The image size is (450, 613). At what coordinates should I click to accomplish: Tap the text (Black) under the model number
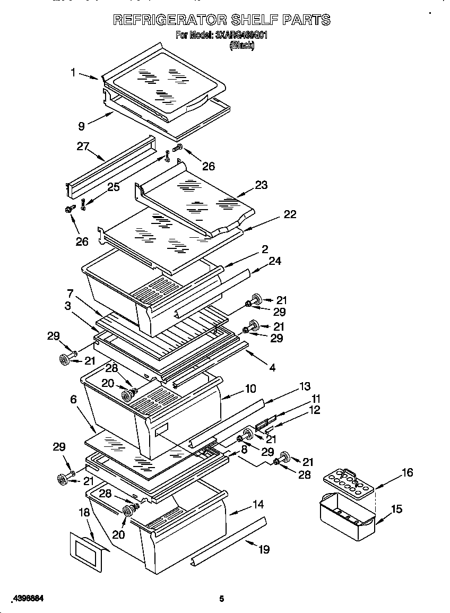click(x=241, y=46)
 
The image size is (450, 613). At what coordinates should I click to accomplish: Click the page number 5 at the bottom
click(x=222, y=599)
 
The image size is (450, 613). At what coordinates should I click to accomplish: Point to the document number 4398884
click(x=27, y=599)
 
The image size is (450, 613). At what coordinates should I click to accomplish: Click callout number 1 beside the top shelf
click(x=74, y=72)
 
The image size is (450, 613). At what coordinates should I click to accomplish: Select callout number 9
click(x=81, y=126)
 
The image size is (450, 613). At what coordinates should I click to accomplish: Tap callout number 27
click(x=82, y=146)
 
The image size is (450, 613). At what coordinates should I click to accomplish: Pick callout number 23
click(x=261, y=185)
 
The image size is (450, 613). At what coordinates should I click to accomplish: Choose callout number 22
click(x=289, y=214)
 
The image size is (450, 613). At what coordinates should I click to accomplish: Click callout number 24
click(x=274, y=261)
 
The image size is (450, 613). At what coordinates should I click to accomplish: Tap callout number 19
click(x=263, y=549)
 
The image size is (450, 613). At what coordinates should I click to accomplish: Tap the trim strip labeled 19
click(x=228, y=541)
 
